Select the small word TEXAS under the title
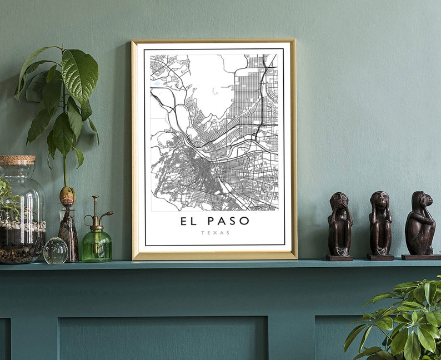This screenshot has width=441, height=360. pos(214,233)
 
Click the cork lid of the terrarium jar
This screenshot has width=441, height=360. pos(17,160)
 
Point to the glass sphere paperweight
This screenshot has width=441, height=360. pos(56,251)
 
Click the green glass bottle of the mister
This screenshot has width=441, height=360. pos(97,246)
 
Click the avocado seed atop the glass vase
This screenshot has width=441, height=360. pos(67,196)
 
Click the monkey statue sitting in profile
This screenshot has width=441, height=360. pos(420,222)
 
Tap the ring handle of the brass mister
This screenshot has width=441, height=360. pos(88,220)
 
